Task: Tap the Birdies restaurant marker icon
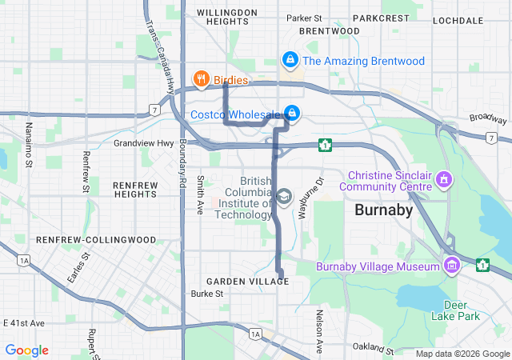pos(201,80)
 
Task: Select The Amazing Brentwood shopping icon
pos(290,60)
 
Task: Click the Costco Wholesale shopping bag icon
pos(293,113)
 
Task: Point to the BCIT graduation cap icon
pos(284,197)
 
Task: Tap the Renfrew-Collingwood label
pos(84,239)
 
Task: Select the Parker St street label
pos(304,18)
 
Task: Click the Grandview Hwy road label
pos(143,144)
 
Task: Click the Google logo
pos(26,350)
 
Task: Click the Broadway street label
pos(488,118)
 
